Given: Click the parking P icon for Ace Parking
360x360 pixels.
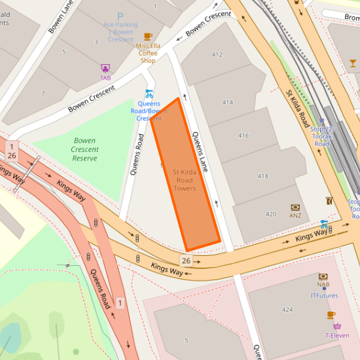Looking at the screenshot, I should click(120, 16).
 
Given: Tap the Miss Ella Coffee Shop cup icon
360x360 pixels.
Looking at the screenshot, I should click(148, 37).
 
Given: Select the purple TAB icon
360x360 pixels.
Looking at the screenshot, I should click(105, 68).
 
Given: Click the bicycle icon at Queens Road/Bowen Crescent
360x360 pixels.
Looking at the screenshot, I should click(149, 94).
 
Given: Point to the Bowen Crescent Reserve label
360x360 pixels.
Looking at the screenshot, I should click(85, 149).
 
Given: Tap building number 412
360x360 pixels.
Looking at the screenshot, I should click(217, 54).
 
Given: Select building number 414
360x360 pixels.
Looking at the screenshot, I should click(228, 103).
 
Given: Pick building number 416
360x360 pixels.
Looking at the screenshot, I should click(243, 135).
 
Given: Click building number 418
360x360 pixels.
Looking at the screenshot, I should click(263, 176).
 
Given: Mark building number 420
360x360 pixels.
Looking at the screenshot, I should click(270, 214).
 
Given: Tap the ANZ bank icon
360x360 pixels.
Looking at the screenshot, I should click(295, 207).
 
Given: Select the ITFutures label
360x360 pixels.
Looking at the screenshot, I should click(324, 295).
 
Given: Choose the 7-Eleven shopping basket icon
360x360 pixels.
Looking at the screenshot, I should click(337, 326).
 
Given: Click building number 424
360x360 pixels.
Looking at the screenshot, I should click(287, 309).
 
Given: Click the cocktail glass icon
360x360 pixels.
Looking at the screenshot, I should click(353, 63).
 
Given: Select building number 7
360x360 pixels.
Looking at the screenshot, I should click(43, 94).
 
